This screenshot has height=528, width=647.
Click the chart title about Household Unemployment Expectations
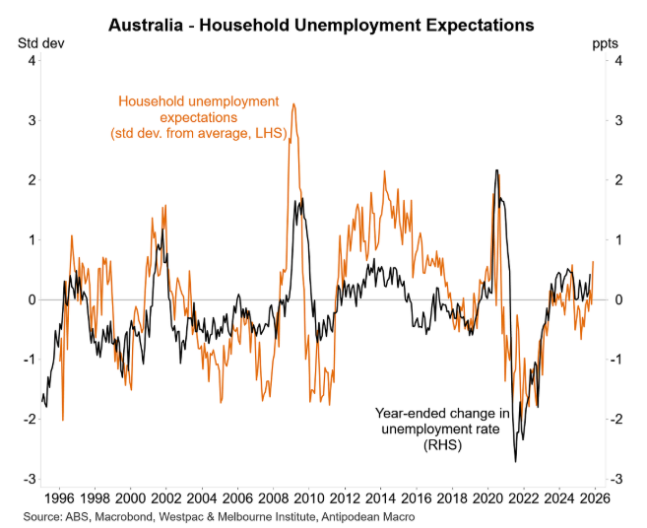pyautogui.click(x=322, y=23)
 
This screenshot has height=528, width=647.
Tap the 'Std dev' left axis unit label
pyautogui.click(x=36, y=43)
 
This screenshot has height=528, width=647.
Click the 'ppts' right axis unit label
pyautogui.click(x=607, y=43)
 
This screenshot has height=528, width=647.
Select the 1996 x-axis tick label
pyautogui.click(x=59, y=498)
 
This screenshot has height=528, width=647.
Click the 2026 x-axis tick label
pyautogui.click(x=594, y=498)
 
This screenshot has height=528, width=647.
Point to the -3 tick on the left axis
pyautogui.click(x=31, y=479)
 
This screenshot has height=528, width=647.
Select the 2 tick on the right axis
pyautogui.click(x=617, y=180)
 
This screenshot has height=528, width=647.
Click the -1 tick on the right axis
pyautogui.click(x=615, y=360)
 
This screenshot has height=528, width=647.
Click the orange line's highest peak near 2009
pyautogui.click(x=293, y=103)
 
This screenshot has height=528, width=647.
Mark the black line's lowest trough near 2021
pyautogui.click(x=516, y=462)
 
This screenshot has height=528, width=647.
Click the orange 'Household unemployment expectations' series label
pyautogui.click(x=198, y=116)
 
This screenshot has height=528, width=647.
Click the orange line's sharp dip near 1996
pyautogui.click(x=63, y=420)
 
